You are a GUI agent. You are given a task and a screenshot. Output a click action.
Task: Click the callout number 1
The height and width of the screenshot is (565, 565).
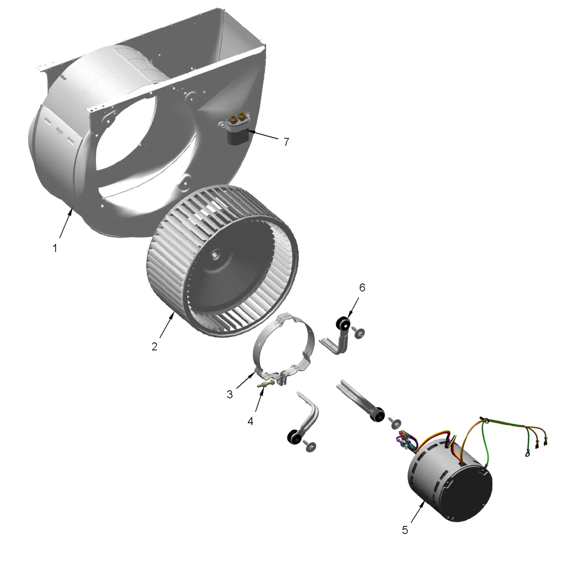click(x=55, y=248)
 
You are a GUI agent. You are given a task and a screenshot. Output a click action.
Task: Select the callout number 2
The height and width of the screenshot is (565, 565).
click(x=154, y=347)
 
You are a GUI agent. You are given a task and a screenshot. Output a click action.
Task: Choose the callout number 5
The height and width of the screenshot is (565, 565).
click(x=405, y=530)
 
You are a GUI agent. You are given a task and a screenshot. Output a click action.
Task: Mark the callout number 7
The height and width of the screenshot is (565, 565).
click(x=286, y=142)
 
